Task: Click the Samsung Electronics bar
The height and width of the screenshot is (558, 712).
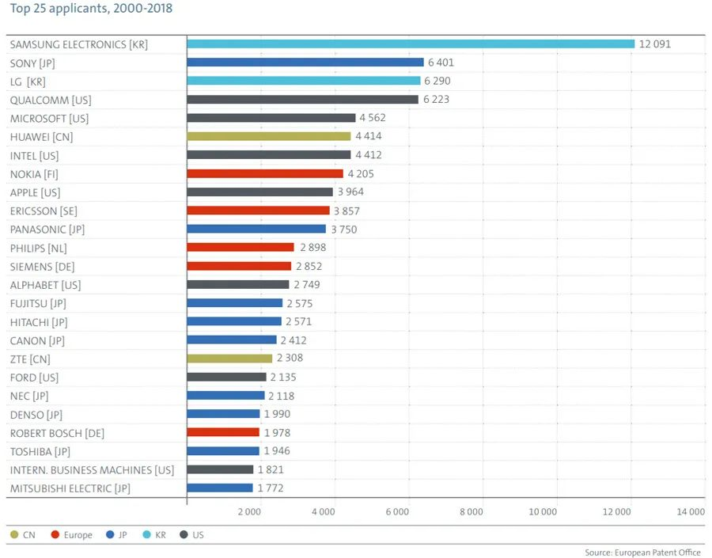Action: (x=411, y=44)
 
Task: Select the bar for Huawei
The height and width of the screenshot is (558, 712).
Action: (x=269, y=136)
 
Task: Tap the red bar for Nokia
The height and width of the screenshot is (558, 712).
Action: (x=265, y=173)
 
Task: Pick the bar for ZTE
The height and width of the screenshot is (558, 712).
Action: (x=229, y=359)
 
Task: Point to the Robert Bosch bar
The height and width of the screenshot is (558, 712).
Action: (x=223, y=432)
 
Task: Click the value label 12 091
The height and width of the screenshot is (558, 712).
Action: (x=655, y=44)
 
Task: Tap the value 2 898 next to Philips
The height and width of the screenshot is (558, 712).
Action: (x=312, y=248)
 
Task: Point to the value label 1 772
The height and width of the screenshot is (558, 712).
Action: (x=270, y=488)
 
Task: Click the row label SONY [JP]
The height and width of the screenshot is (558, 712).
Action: (x=32, y=63)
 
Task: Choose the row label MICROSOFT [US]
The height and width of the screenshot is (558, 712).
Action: (x=49, y=118)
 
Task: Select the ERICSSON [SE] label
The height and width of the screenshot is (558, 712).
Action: (x=44, y=211)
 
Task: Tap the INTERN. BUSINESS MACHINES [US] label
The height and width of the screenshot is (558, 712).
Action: (x=92, y=470)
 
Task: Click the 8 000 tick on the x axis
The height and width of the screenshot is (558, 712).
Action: (x=471, y=512)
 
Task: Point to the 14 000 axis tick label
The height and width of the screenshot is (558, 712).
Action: (x=690, y=512)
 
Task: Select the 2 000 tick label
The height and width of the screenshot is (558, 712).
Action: (x=249, y=512)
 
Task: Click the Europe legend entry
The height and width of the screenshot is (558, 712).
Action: (x=78, y=535)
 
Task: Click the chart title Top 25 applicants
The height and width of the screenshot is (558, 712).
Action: (x=91, y=9)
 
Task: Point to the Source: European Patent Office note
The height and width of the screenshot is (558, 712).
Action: (x=642, y=552)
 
